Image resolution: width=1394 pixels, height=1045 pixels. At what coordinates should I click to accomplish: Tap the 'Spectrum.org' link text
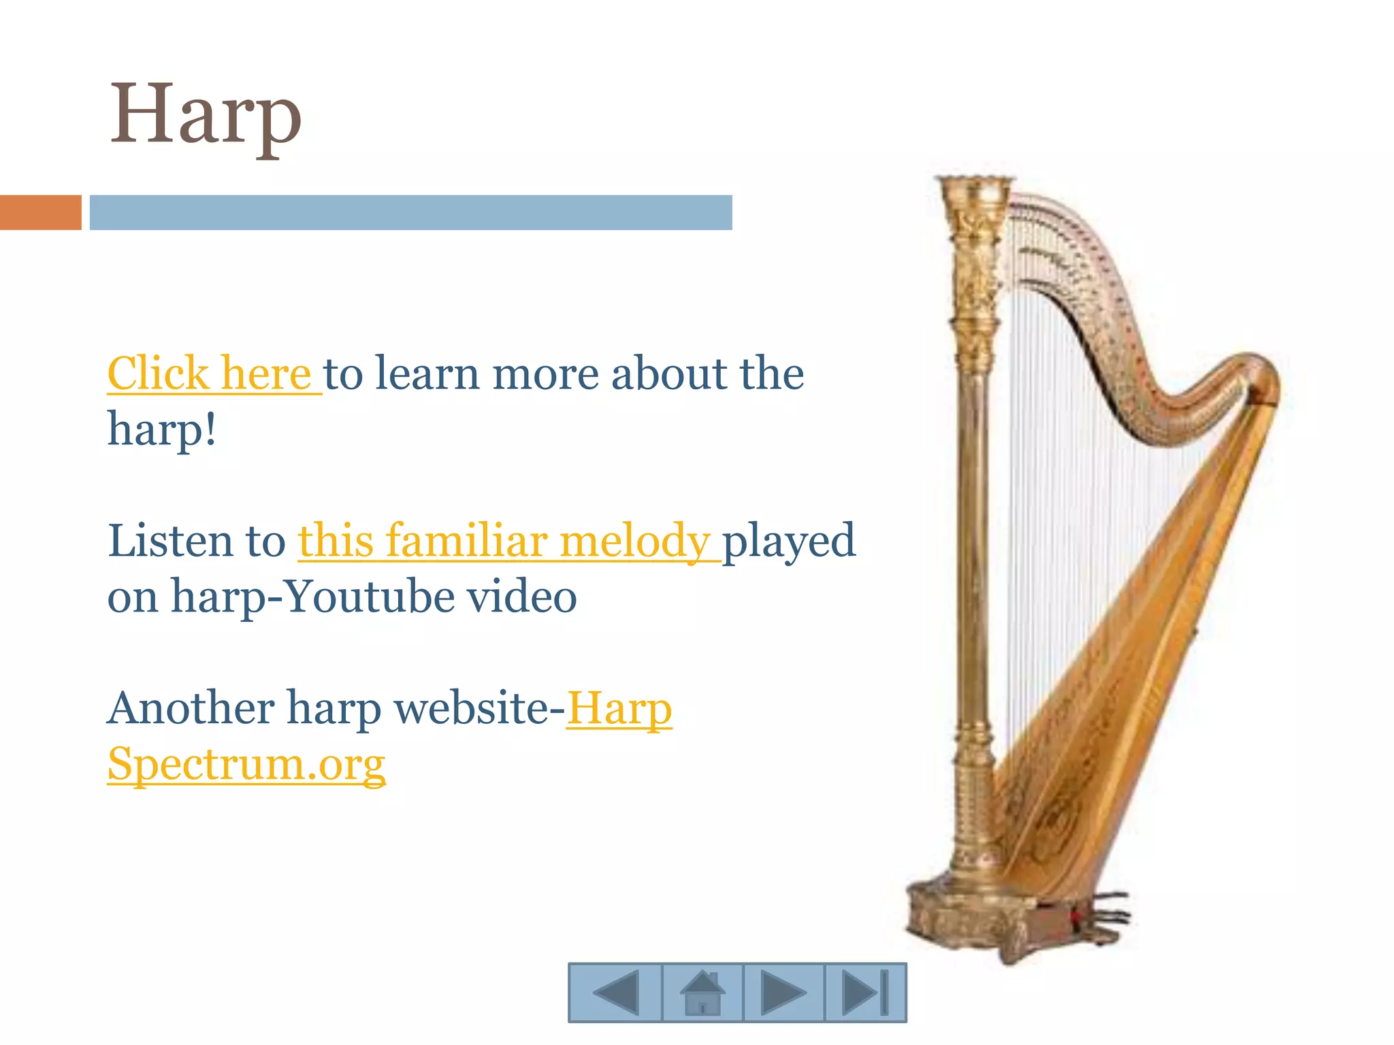(x=246, y=764)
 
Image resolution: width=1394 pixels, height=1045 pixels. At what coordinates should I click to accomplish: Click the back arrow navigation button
(x=615, y=993)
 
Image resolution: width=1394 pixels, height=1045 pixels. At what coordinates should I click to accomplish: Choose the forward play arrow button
(x=783, y=993)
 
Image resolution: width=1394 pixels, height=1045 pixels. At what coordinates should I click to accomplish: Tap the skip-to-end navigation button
(x=865, y=993)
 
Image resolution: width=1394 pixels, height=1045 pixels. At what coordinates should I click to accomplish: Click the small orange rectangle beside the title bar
(x=40, y=212)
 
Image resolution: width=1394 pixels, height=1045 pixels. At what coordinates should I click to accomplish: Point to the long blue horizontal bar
(x=410, y=212)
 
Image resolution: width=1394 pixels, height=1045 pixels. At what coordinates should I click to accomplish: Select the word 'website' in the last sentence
(x=472, y=708)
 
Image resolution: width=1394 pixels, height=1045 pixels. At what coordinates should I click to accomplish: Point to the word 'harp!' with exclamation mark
(x=162, y=430)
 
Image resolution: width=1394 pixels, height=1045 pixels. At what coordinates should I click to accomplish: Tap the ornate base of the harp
(x=967, y=918)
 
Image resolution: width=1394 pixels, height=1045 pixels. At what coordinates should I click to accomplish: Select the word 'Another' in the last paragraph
(x=191, y=708)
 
